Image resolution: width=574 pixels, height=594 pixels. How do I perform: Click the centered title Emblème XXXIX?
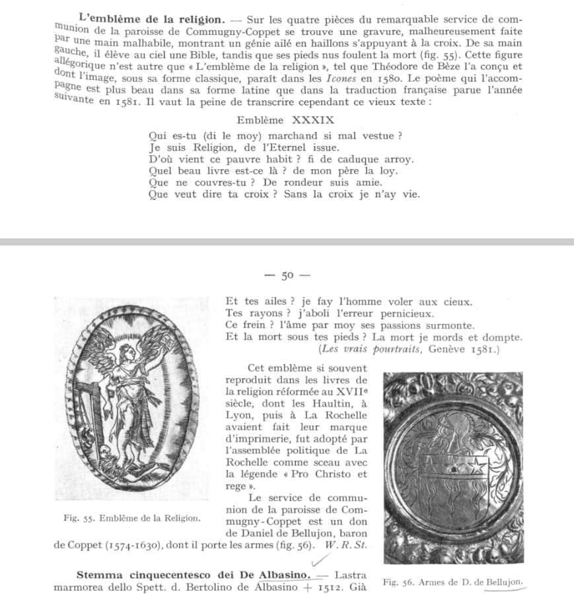click(285, 120)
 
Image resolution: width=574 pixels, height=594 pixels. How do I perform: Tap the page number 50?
click(286, 276)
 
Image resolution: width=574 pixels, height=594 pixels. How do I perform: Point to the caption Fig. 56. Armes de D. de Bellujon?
click(453, 581)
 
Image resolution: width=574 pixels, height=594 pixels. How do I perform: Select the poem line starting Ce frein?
click(349, 325)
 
